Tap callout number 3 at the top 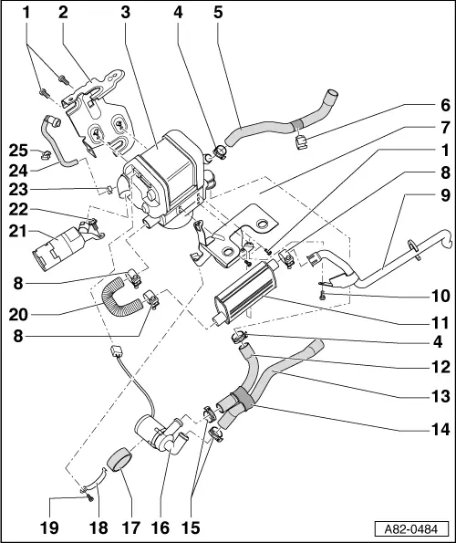pyautogui.click(x=125, y=12)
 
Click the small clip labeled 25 pyautogui.click(x=43, y=151)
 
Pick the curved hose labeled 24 pyautogui.click(x=61, y=139)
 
